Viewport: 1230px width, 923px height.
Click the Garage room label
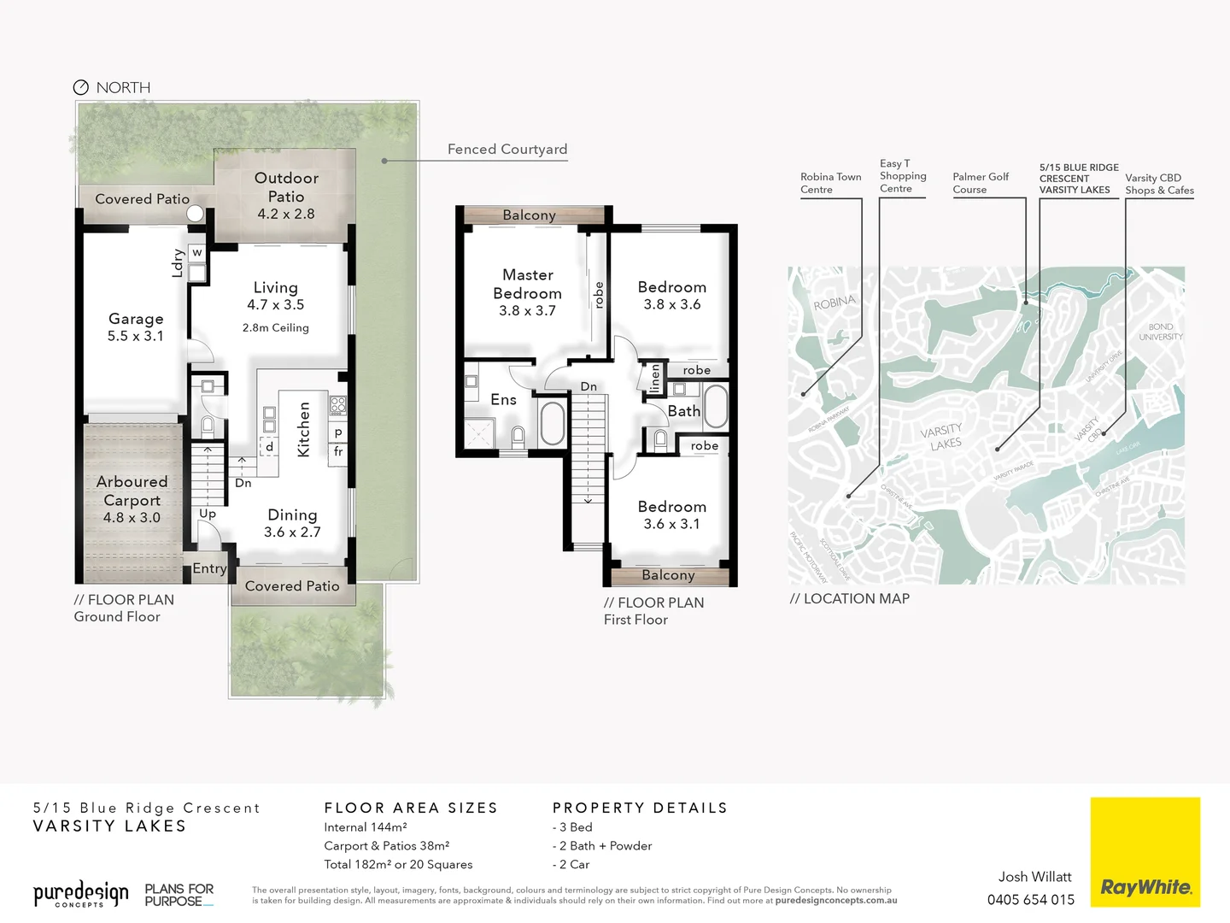click(136, 319)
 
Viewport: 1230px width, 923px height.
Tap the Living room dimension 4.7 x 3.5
click(275, 305)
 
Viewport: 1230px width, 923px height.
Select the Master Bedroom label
click(527, 284)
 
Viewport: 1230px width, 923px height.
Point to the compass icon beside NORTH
click(81, 87)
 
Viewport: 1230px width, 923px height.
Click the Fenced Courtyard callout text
click(507, 150)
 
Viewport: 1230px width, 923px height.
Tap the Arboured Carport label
click(132, 491)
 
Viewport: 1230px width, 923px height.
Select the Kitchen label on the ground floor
click(303, 430)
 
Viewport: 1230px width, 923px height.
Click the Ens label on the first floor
click(503, 400)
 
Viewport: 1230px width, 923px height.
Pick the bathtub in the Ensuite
click(552, 422)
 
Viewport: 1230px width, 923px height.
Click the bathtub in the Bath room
click(715, 406)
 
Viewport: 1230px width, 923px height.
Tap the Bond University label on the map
click(1160, 332)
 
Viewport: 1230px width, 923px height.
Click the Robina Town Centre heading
click(829, 183)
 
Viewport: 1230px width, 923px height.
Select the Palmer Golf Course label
click(980, 183)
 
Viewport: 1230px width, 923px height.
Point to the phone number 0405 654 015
click(1030, 899)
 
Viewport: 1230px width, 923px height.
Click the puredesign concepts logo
click(81, 894)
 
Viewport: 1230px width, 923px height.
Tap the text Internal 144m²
click(365, 827)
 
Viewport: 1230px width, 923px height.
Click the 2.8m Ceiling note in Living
click(275, 328)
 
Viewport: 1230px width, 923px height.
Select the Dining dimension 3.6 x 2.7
click(292, 532)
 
